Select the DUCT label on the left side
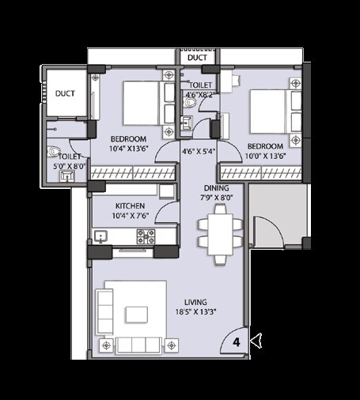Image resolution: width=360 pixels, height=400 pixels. [65, 93]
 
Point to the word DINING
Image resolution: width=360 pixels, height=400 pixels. [216, 188]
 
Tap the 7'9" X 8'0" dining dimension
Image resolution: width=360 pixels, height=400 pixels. [216, 198]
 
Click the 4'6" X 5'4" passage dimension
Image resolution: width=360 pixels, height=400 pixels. [198, 151]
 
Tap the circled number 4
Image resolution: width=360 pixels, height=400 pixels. [237, 342]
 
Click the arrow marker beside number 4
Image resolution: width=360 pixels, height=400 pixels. [255, 341]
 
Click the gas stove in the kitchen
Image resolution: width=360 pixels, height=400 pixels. [146, 236]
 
